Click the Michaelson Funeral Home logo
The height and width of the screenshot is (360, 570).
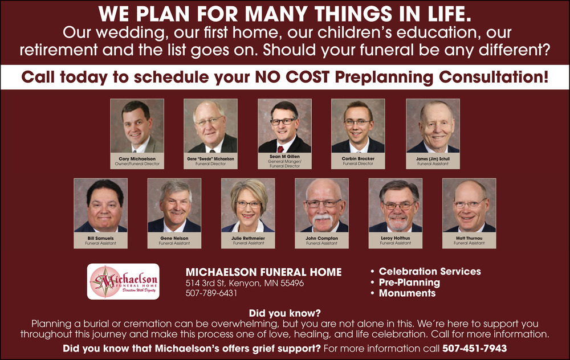123,281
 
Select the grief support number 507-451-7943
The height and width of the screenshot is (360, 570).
474,349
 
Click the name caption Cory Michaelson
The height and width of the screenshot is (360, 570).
137,159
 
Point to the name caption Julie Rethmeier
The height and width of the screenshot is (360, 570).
249,238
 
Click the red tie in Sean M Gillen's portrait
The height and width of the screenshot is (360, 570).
280,149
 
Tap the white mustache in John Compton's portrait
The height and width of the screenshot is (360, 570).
321,218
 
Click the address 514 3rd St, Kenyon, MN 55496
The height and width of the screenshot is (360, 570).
245,283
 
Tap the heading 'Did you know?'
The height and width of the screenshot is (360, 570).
284,313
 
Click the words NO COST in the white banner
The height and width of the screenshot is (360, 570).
292,77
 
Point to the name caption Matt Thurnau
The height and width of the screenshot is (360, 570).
469,238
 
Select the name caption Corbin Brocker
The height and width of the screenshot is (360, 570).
358,159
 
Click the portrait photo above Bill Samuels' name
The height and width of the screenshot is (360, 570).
101,205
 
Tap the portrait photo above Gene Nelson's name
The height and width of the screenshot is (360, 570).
174,205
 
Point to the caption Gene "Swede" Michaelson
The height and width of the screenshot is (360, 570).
210,159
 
